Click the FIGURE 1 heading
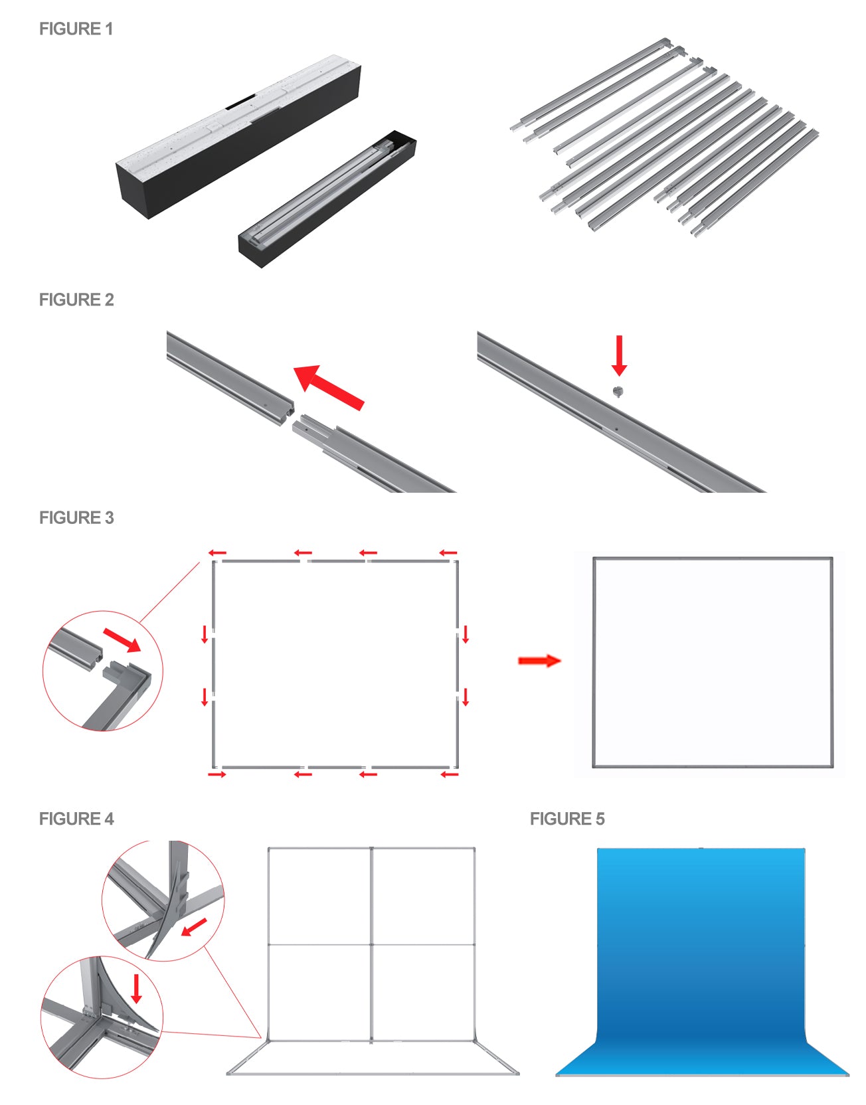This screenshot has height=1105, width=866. point(76,29)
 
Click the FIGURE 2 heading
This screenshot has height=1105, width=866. point(76,300)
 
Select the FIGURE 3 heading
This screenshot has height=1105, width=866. point(76,518)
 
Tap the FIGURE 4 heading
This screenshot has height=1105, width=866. point(76,819)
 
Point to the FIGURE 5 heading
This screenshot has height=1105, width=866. point(567,819)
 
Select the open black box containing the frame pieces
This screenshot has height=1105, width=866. point(327,199)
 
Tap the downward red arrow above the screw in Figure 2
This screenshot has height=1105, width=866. point(619,355)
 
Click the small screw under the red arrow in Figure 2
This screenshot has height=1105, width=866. point(618,390)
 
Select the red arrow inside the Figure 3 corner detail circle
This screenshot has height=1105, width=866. point(122,640)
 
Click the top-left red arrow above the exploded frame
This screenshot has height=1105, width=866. point(217,552)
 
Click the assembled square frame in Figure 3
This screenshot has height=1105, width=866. point(713,662)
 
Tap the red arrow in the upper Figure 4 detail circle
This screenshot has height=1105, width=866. point(194,927)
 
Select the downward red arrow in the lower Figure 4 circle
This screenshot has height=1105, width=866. point(137,988)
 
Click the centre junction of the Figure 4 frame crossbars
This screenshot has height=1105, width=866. point(371,944)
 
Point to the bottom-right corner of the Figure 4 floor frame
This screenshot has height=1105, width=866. point(517,1072)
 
